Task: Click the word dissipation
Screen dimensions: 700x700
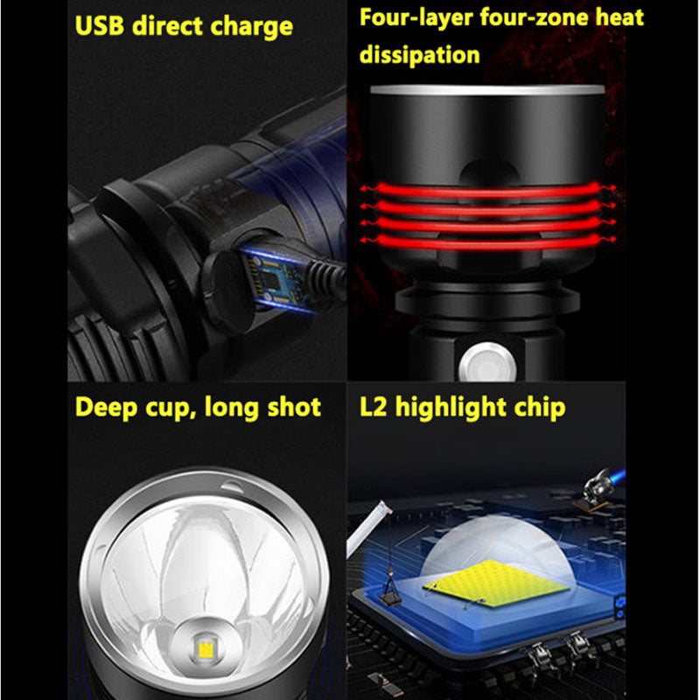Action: (420, 55)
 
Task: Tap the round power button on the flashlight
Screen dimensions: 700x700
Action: (479, 360)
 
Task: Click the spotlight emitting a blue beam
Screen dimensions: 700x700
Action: (600, 480)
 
